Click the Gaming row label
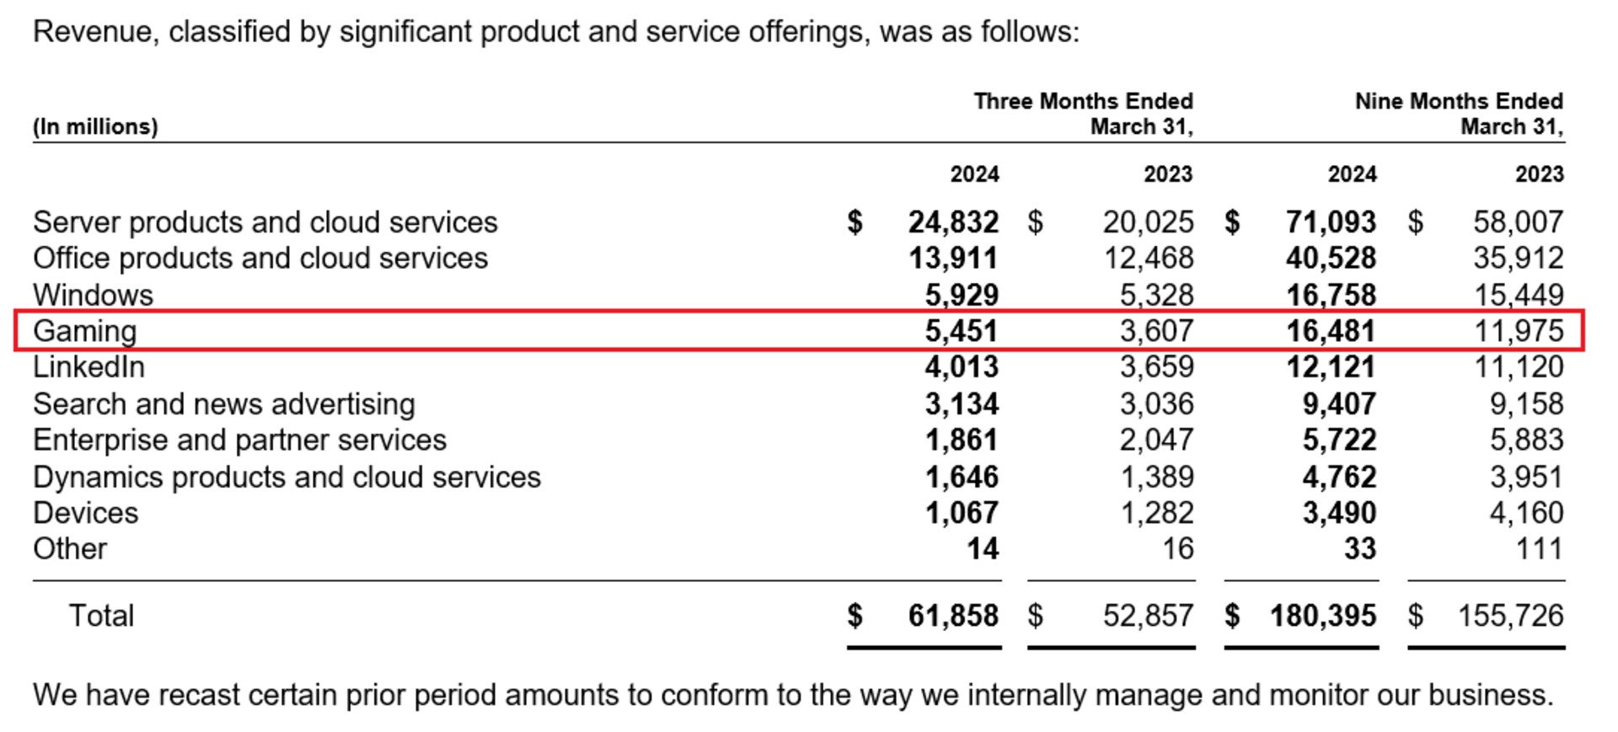[84, 331]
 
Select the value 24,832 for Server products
[953, 222]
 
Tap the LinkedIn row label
[88, 367]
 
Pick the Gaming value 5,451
[962, 331]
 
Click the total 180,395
[1323, 616]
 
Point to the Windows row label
[93, 295]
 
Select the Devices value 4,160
[1526, 513]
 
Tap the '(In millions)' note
[95, 126]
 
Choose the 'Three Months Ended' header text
[1083, 101]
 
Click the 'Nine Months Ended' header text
[1459, 101]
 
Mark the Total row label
[101, 616]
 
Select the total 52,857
[1148, 616]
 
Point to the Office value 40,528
[1331, 258]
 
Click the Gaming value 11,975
[1519, 331]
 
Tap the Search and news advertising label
[223, 404]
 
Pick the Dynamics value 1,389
[1156, 477]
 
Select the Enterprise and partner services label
[239, 441]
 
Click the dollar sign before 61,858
[855, 616]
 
